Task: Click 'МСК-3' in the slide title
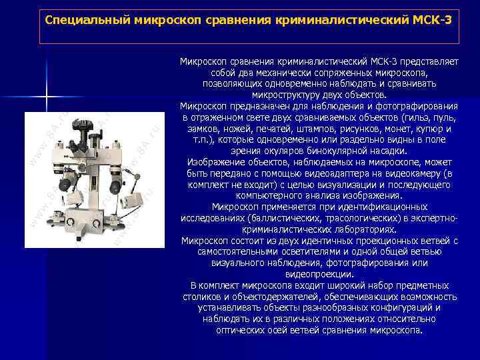point(433,19)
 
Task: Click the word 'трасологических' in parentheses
point(365,219)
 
